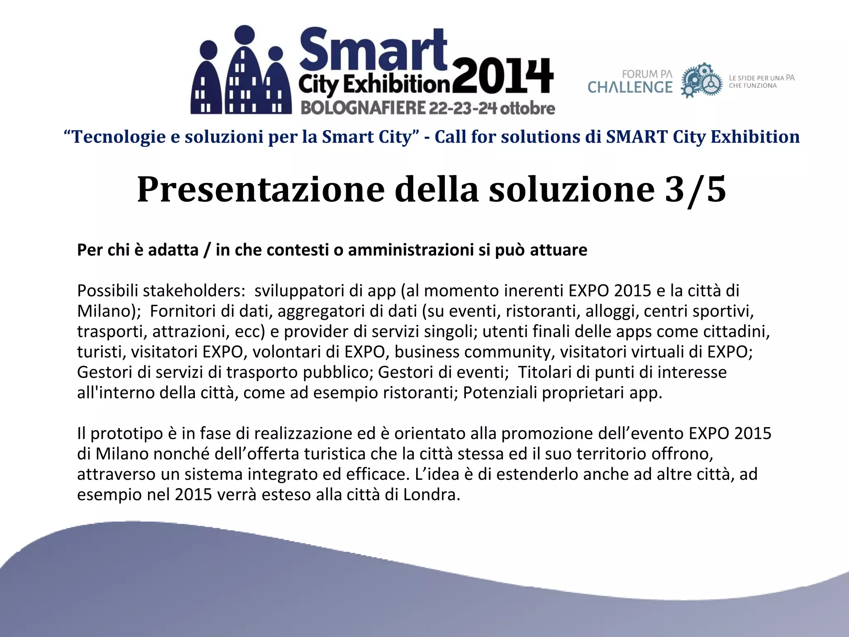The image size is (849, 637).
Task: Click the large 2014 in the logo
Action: pos(502,77)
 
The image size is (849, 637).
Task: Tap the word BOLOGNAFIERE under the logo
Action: pos(363,108)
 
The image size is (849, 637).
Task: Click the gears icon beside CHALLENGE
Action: pos(701,80)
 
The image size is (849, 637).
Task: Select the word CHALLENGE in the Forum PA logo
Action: pos(630,88)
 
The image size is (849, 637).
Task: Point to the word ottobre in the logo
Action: pos(527,108)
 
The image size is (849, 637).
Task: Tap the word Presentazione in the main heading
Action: pos(261,189)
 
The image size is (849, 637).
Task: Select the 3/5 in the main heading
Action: pos(695,189)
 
